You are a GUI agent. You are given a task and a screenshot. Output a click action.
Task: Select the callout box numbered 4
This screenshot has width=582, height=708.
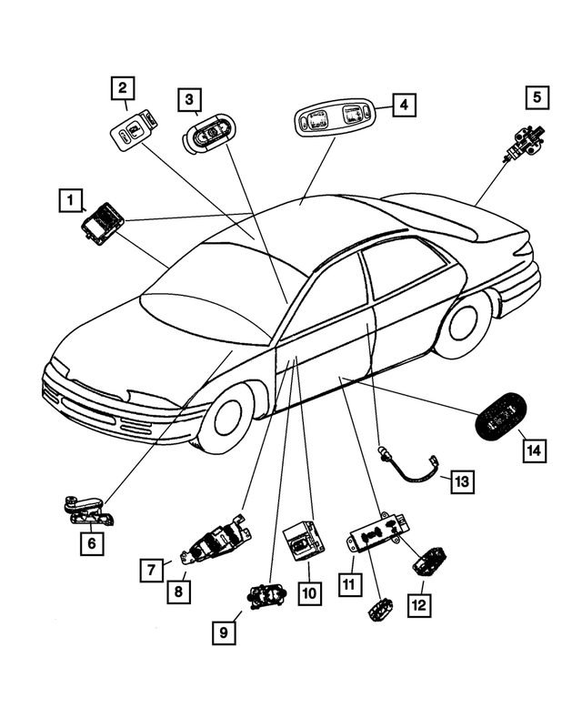(x=405, y=106)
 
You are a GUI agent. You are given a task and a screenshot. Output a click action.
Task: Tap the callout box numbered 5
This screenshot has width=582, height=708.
(x=537, y=96)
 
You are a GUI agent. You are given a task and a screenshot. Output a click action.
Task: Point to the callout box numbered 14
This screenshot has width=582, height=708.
(x=535, y=448)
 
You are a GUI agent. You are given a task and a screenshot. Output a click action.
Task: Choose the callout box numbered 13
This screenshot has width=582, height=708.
(x=463, y=481)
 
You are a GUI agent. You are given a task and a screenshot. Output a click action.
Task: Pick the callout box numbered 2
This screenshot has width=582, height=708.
(x=124, y=88)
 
